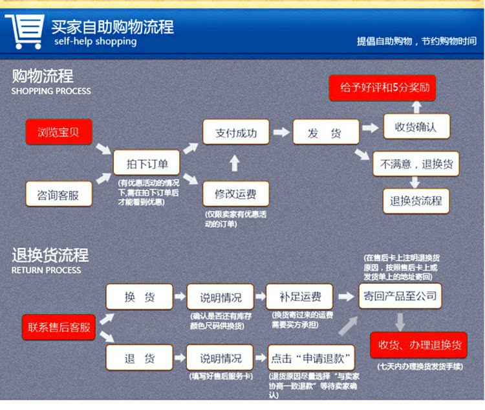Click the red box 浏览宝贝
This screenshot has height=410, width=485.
pyautogui.click(x=59, y=132)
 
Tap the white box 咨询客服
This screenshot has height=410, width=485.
pyautogui.click(x=59, y=194)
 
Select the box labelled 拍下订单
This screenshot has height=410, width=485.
pyautogui.click(x=147, y=164)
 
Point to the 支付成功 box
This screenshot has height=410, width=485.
pyautogui.click(x=235, y=133)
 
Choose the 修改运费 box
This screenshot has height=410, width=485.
pyautogui.click(x=235, y=194)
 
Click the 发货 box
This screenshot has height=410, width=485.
pyautogui.click(x=325, y=133)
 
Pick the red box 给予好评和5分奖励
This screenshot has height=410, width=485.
pyautogui.click(x=382, y=87)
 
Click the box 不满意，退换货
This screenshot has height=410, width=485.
pyautogui.click(x=416, y=164)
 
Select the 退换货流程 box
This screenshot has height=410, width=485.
pyautogui.click(x=416, y=201)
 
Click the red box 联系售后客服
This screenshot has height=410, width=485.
pyautogui.click(x=59, y=327)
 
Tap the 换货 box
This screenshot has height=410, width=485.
pyautogui.click(x=140, y=297)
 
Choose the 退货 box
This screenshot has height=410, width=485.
pyautogui.click(x=140, y=358)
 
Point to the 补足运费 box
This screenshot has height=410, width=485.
pyautogui.click(x=299, y=297)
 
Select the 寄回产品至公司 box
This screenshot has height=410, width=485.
pyautogui.click(x=400, y=296)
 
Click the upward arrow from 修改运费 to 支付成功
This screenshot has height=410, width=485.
pyautogui.click(x=235, y=163)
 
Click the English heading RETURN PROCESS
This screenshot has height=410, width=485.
pyautogui.click(x=46, y=270)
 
